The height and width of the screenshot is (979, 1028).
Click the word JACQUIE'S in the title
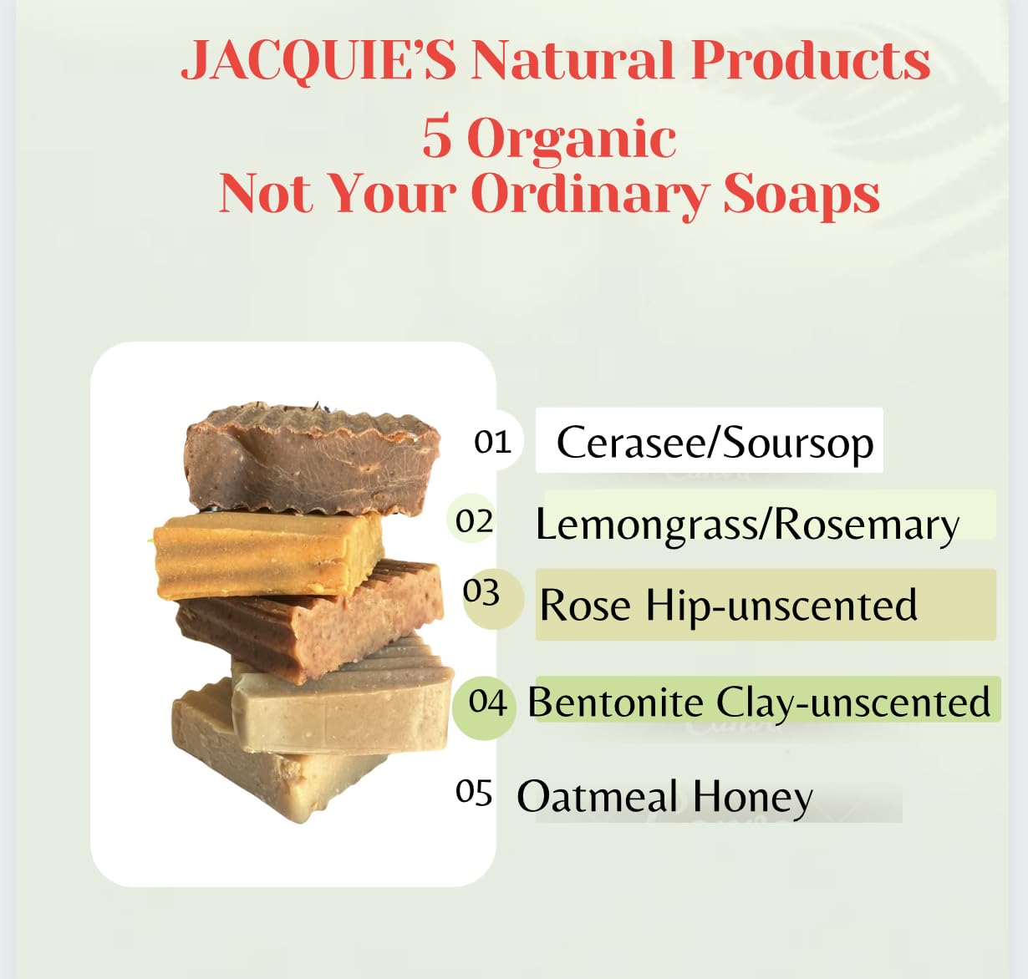[318, 61]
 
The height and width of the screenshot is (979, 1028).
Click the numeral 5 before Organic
[436, 137]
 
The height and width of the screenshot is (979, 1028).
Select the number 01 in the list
[492, 442]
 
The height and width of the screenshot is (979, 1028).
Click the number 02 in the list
[474, 521]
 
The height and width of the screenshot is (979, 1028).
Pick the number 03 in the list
[481, 593]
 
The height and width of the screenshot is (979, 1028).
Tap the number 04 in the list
[487, 702]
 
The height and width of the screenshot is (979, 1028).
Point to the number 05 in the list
[473, 792]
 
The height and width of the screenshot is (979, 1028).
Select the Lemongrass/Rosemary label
[747, 525]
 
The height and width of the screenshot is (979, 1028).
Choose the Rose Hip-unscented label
[728, 606]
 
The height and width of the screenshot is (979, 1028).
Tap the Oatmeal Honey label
[664, 798]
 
